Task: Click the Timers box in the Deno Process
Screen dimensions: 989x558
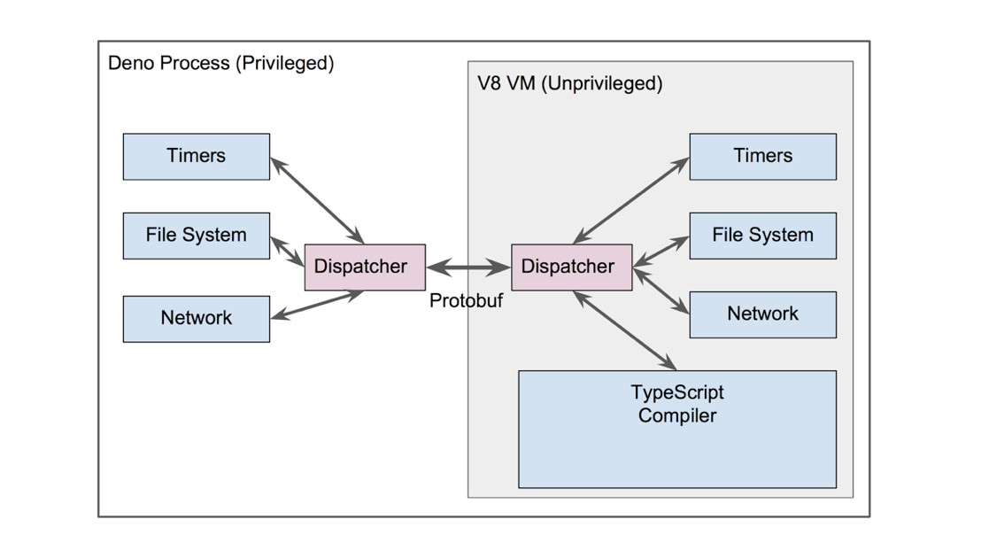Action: [197, 157]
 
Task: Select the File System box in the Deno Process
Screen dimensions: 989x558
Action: [197, 236]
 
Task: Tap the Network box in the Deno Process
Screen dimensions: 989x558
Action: [197, 319]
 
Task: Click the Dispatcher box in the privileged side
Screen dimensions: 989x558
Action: [365, 267]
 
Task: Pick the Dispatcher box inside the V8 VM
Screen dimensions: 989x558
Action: [571, 267]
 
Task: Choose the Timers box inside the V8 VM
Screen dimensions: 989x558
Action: [762, 157]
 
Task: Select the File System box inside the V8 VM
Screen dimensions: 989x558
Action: [762, 236]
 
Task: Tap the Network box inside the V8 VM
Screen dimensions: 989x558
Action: [762, 314]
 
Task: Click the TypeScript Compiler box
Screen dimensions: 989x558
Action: [677, 430]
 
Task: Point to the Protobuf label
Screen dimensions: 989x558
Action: [466, 300]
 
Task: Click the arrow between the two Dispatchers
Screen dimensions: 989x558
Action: [468, 267]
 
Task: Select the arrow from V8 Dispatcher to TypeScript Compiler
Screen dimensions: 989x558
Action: [624, 330]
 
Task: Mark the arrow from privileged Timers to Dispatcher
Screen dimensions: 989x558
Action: [317, 201]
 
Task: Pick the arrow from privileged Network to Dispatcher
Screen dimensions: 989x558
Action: [317, 305]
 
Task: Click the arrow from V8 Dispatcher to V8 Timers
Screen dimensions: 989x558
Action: [630, 200]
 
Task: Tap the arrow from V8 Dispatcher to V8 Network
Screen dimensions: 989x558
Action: [661, 291]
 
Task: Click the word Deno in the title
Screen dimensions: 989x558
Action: [130, 63]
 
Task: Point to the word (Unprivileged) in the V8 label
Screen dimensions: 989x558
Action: [602, 84]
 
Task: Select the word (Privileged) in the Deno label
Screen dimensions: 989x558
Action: [284, 64]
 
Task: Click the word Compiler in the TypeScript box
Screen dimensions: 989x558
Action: [677, 416]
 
